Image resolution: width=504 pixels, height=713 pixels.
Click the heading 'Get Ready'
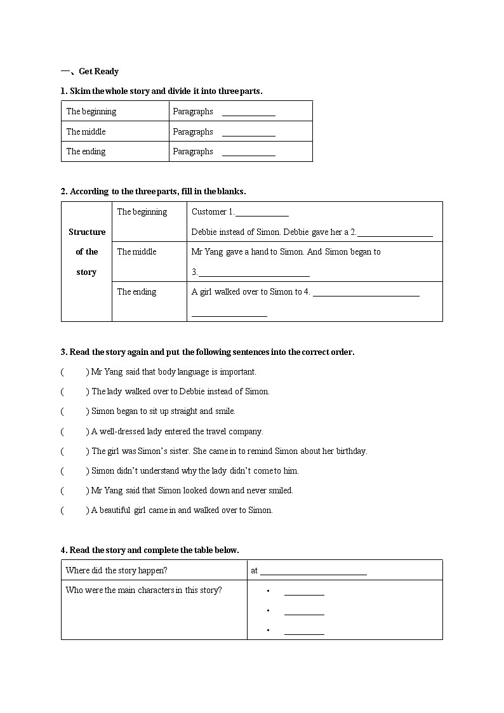[x=98, y=71]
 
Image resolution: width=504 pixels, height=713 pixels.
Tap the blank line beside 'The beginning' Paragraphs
[x=248, y=112]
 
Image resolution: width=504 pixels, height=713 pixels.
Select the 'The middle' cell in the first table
[x=86, y=131]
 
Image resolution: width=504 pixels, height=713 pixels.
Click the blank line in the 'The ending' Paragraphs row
[x=248, y=152]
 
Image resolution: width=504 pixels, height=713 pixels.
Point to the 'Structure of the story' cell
[x=86, y=252]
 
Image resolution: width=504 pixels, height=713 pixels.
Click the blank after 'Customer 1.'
[x=262, y=213]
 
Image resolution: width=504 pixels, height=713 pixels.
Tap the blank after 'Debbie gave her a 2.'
[x=395, y=233]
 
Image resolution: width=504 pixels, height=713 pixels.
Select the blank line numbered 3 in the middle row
[x=254, y=273]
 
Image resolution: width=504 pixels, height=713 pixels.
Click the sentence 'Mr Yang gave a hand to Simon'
[x=248, y=251]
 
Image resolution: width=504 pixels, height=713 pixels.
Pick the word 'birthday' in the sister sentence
[x=350, y=451]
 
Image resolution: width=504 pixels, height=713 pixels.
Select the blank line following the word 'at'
[x=313, y=571]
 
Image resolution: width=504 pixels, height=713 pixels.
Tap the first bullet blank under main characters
[x=304, y=592]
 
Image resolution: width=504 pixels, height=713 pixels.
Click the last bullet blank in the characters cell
[x=304, y=631]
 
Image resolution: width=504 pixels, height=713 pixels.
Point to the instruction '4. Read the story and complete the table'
[x=150, y=550]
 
